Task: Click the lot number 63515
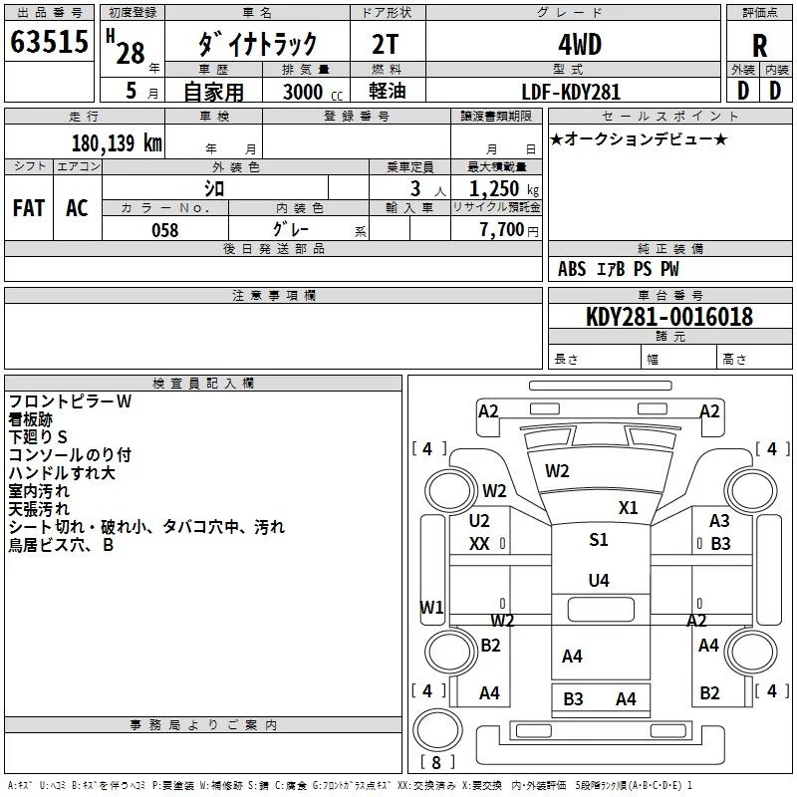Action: click(48, 45)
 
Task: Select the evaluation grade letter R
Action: click(759, 46)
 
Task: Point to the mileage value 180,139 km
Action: click(117, 143)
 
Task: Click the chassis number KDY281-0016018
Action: click(669, 317)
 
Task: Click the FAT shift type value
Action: click(29, 207)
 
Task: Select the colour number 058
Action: click(164, 230)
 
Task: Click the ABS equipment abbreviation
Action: click(572, 269)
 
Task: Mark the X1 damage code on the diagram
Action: click(628, 507)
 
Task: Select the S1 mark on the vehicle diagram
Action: click(598, 540)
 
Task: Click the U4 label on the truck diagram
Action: click(598, 581)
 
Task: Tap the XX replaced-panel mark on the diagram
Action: click(479, 544)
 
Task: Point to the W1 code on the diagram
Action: click(430, 607)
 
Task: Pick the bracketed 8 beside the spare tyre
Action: click(434, 764)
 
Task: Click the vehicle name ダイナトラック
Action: click(257, 45)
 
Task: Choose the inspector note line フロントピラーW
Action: click(70, 401)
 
